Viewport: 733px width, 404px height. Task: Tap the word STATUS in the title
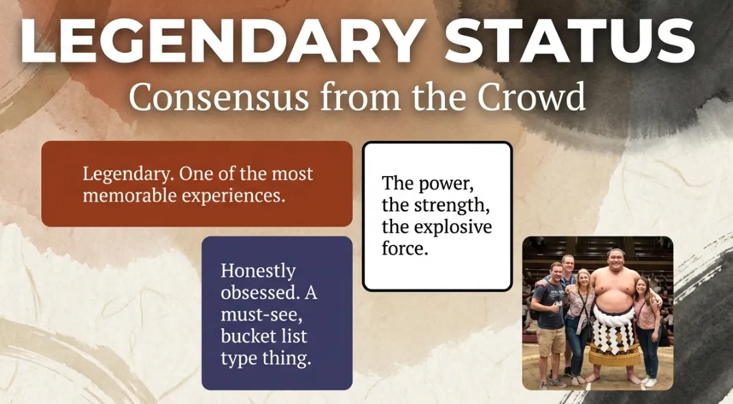569,40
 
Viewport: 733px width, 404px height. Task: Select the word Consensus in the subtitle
219,97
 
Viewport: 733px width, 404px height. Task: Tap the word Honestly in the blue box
258,272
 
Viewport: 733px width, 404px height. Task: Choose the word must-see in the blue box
261,315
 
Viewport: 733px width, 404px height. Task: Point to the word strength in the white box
450,205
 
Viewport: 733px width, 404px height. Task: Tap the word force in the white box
405,249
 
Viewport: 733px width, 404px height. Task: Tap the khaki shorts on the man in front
551,340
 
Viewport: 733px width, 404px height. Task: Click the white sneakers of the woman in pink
649,381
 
